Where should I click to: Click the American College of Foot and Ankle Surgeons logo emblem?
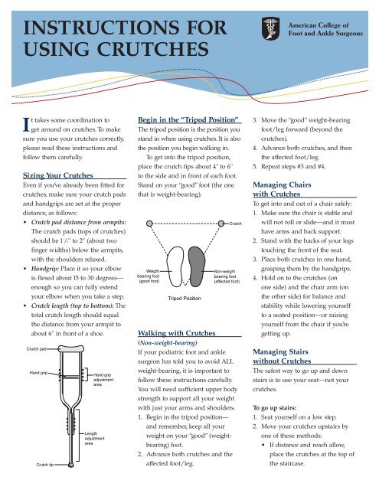click(x=270, y=29)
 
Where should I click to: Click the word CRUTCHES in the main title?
click(x=152, y=49)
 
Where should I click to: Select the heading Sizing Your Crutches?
click(x=57, y=175)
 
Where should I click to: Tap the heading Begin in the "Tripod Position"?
click(x=188, y=119)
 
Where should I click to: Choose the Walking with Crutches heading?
click(x=177, y=333)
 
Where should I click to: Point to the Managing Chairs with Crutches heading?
click(x=282, y=189)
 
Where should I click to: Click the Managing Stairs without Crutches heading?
click(x=282, y=356)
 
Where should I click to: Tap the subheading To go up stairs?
click(x=274, y=408)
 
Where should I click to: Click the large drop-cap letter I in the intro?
click(x=27, y=125)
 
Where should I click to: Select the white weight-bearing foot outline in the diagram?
click(x=175, y=266)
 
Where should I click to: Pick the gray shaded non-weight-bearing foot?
click(x=197, y=266)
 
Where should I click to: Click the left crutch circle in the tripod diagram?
click(x=149, y=224)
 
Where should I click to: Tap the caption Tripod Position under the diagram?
click(x=185, y=299)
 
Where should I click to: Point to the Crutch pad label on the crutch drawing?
click(x=37, y=349)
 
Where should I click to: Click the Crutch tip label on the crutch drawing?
click(x=45, y=465)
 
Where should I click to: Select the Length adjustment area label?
click(x=94, y=439)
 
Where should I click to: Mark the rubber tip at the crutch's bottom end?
click(x=71, y=465)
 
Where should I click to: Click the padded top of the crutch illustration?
click(x=71, y=348)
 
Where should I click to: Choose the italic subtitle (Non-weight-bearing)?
click(x=168, y=343)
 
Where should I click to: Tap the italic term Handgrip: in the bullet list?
click(x=45, y=269)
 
